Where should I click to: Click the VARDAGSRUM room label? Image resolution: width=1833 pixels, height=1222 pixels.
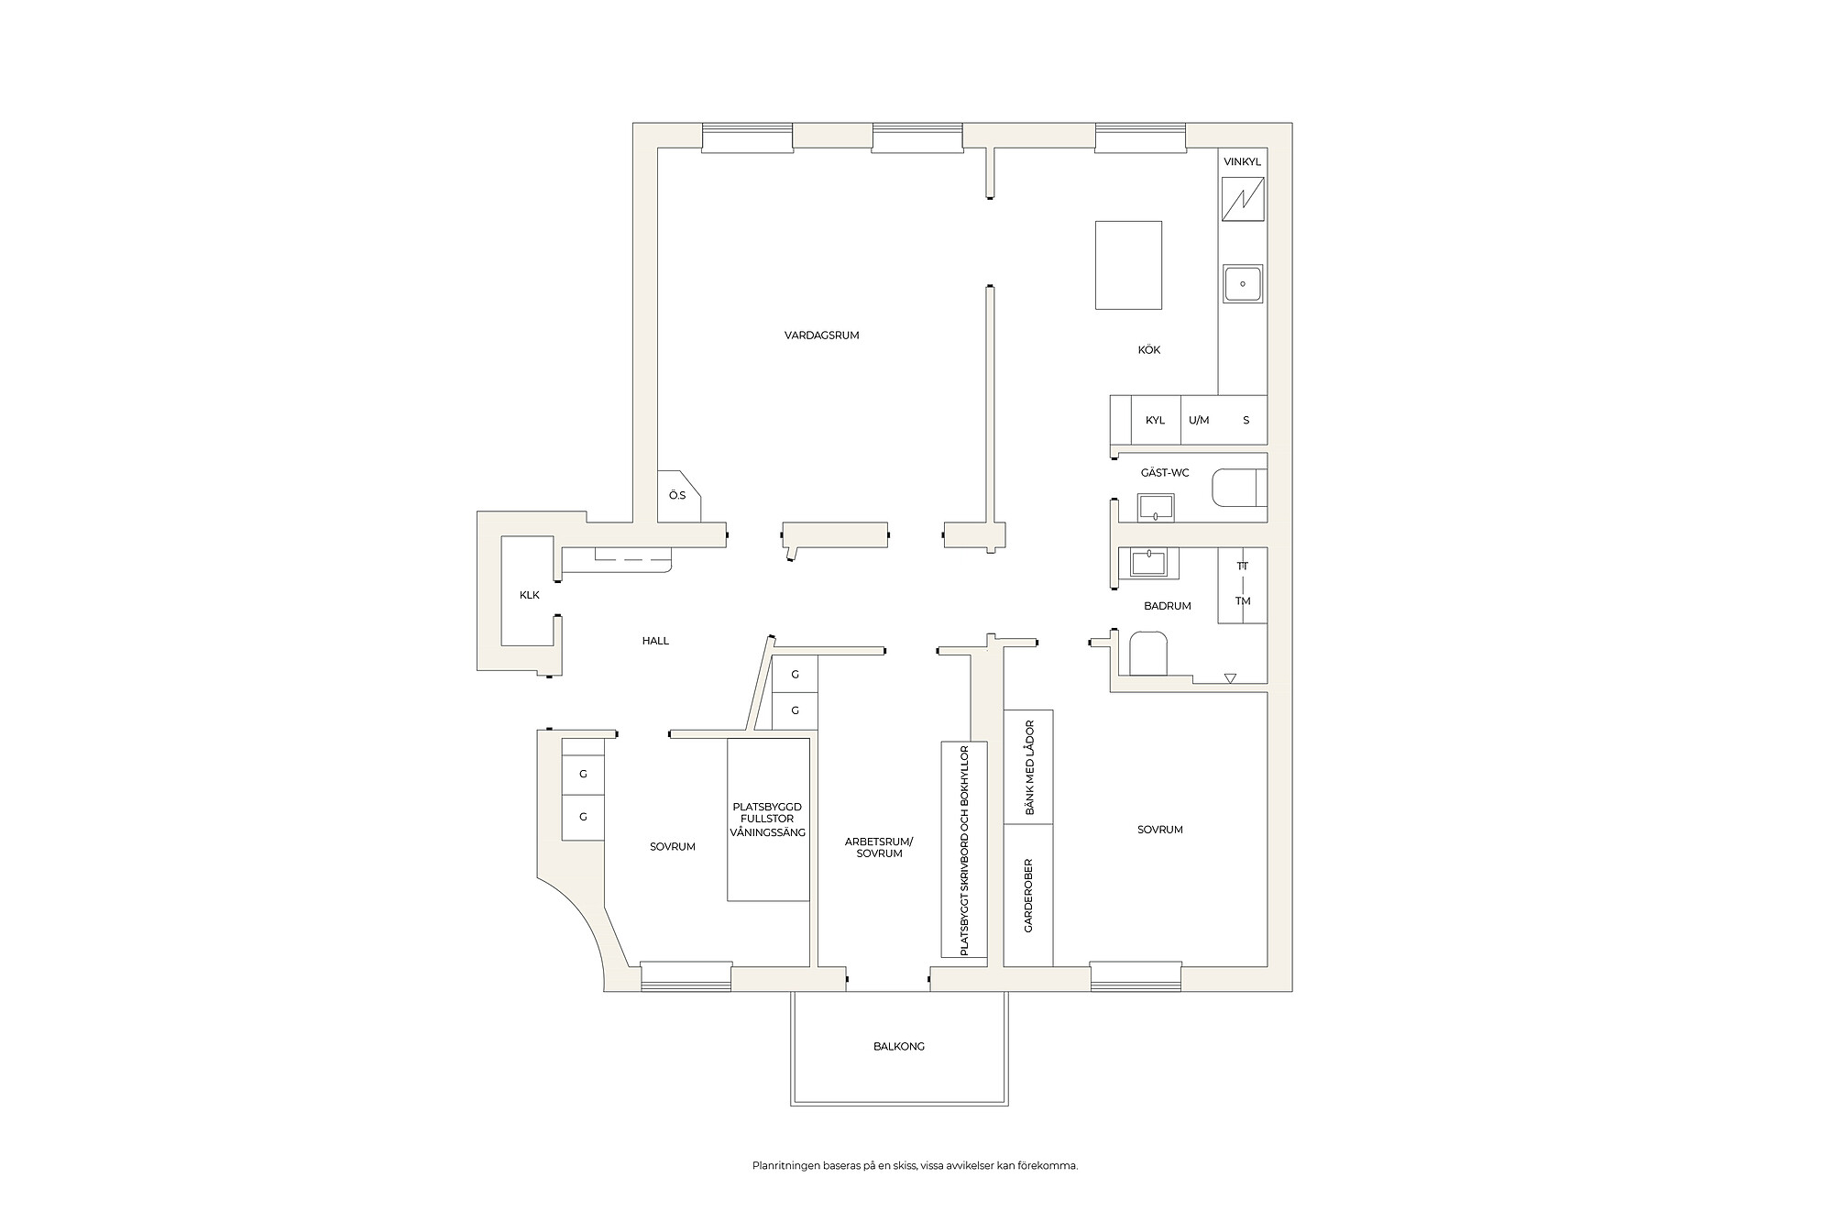(822, 336)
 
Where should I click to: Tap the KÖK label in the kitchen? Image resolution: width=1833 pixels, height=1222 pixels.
(1149, 350)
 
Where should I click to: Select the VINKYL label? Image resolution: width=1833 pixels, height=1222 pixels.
(1243, 162)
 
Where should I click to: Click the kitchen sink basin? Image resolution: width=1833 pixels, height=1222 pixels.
(1243, 283)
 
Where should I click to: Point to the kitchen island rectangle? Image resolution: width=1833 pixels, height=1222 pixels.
(1129, 265)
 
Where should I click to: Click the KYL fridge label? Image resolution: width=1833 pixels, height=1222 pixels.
(1155, 421)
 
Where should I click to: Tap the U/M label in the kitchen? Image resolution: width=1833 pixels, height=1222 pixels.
(1199, 421)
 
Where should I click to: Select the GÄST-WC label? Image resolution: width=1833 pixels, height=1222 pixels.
(1165, 473)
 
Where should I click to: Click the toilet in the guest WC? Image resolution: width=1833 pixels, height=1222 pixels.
(1239, 488)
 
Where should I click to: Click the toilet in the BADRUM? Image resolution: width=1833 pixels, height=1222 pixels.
(1149, 653)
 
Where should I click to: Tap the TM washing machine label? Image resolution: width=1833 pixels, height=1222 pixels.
(1243, 601)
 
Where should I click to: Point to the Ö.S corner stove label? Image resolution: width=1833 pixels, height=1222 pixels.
(677, 496)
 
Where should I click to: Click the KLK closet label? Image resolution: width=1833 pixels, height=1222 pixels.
(530, 595)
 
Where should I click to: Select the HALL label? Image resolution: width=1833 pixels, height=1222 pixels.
(655, 641)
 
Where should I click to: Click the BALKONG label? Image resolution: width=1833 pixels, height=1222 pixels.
(899, 1046)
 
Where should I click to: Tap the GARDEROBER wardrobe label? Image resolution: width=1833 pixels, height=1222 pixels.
(1028, 896)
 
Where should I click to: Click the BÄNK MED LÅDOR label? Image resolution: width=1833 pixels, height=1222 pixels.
(1028, 767)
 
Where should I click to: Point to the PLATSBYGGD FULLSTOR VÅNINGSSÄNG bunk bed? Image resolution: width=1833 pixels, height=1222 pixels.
(768, 820)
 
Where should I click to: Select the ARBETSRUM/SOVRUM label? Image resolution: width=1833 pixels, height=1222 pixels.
(879, 847)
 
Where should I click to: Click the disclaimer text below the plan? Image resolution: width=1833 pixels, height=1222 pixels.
(915, 1166)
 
